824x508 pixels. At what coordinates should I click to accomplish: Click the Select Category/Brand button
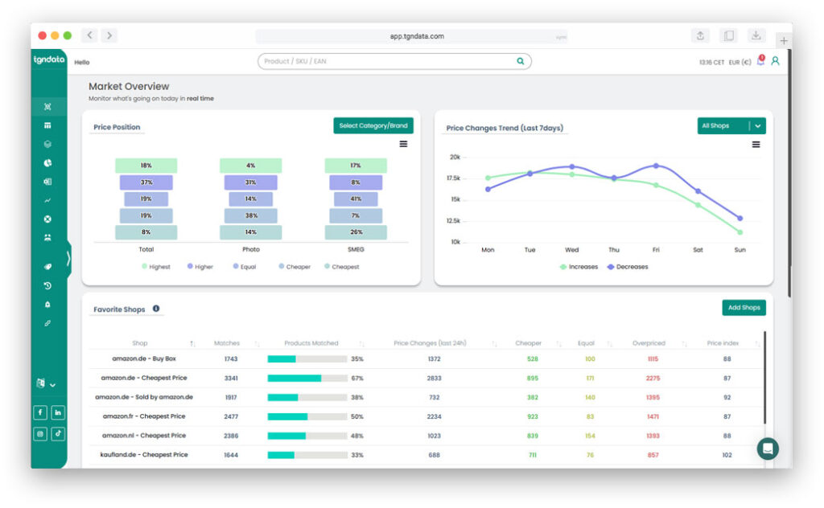(373, 125)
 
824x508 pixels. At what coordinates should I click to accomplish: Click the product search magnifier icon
(521, 61)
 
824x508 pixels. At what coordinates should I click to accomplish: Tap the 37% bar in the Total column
(146, 182)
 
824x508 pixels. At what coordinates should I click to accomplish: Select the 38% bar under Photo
(251, 215)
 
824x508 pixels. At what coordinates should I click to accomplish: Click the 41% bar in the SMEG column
(356, 199)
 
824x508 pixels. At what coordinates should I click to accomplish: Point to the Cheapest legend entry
(343, 267)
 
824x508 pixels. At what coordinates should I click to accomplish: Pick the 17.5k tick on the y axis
(455, 178)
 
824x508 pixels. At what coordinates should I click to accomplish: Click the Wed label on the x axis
(571, 250)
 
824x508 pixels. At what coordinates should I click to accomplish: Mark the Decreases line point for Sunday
(740, 218)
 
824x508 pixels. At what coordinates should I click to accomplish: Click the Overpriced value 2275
(653, 378)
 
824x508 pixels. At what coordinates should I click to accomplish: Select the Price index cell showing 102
(727, 455)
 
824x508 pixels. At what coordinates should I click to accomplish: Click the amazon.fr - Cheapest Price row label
(144, 416)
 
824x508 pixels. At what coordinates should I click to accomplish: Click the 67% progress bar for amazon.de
(307, 378)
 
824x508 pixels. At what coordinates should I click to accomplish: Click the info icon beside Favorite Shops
(156, 309)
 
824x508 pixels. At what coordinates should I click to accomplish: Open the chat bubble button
(768, 449)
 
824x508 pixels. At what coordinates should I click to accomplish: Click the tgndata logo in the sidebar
(49, 60)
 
